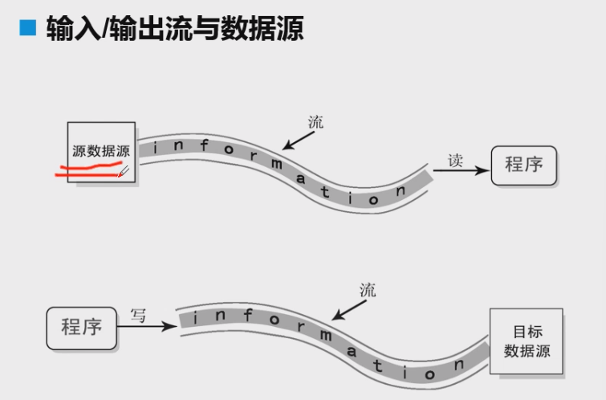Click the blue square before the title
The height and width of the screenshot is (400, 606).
pos(28,29)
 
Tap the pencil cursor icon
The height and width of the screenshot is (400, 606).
pos(124,171)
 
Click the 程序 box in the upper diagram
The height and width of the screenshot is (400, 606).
pos(523,165)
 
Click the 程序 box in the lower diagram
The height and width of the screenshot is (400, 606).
pos(81,327)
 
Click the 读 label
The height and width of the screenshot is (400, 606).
pos(455,160)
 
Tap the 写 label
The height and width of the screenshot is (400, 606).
pos(139,316)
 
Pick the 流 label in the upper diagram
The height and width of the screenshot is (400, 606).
pos(315,122)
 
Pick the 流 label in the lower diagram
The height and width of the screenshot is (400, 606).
pos(368,290)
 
